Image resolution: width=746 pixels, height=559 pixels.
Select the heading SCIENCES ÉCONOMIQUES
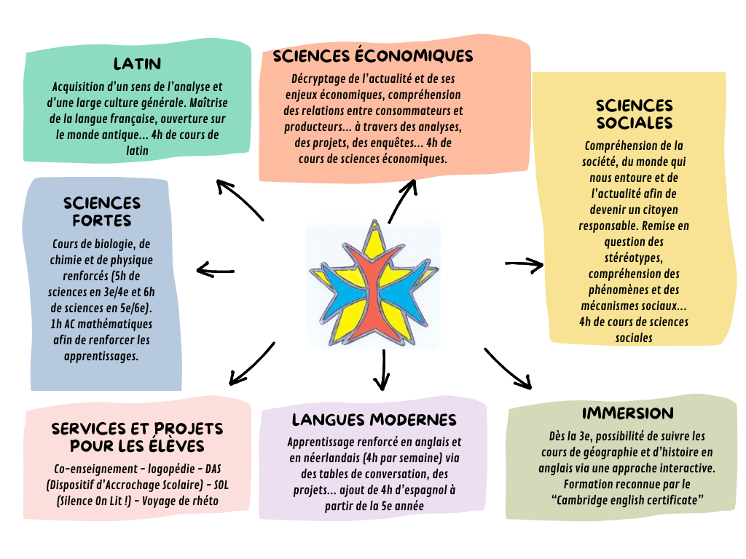pos(373,56)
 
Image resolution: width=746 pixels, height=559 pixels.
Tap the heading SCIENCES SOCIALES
pos(634,114)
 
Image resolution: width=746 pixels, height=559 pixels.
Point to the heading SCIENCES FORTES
pos(102,211)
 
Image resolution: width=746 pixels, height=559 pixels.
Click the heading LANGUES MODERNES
pos(374,420)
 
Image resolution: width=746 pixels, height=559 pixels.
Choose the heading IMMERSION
pos(627,413)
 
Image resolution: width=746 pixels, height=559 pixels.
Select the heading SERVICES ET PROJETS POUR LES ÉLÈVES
pos(137,437)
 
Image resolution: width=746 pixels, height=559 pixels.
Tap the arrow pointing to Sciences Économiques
pos(403,200)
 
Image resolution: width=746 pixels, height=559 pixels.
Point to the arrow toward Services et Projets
pos(251,363)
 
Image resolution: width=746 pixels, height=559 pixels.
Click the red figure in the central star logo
pos(374,291)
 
